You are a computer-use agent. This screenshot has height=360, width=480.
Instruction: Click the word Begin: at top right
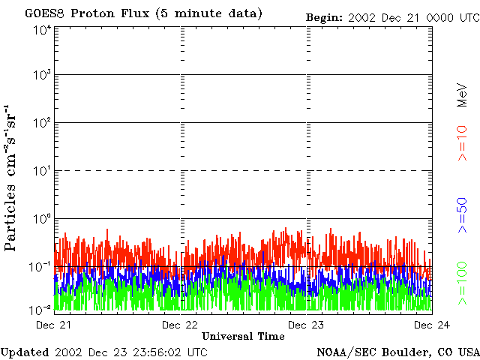point(324,16)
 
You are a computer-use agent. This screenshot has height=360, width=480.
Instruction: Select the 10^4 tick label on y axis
point(42,30)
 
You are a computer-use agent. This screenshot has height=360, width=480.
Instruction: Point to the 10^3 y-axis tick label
point(42,75)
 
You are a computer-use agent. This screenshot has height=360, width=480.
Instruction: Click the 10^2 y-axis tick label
point(42,123)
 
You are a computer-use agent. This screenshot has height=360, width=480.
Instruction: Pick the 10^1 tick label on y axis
point(42,171)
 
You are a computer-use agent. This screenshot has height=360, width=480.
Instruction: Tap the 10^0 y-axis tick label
point(42,219)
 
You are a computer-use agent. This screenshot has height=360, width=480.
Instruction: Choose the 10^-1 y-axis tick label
point(40,266)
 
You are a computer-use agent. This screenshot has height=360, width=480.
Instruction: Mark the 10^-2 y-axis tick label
point(40,309)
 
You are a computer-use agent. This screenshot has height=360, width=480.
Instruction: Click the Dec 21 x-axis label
point(54,325)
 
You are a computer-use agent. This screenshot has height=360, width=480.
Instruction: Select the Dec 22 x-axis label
point(180,325)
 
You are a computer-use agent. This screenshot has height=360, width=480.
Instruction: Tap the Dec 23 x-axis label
point(306,325)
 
